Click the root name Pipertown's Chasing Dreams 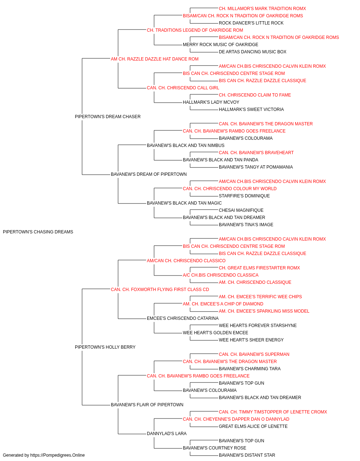click(38, 232)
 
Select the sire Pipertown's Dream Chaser click(108, 117)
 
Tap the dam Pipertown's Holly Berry click(105, 347)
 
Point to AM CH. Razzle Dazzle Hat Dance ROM click(154, 59)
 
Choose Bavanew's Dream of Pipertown click(149, 174)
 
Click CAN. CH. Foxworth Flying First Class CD click(160, 289)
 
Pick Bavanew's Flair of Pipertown click(147, 404)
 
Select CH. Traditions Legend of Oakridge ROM click(195, 30)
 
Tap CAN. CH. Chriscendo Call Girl click(183, 88)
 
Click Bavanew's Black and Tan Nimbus click(185, 145)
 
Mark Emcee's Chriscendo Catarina click(183, 318)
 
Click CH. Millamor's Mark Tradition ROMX click(262, 9)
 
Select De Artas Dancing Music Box click(252, 52)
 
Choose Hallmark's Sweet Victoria click(251, 109)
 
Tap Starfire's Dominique click(244, 196)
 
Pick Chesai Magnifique click(241, 210)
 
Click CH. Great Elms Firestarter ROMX click(259, 268)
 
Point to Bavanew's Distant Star click(247, 455)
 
